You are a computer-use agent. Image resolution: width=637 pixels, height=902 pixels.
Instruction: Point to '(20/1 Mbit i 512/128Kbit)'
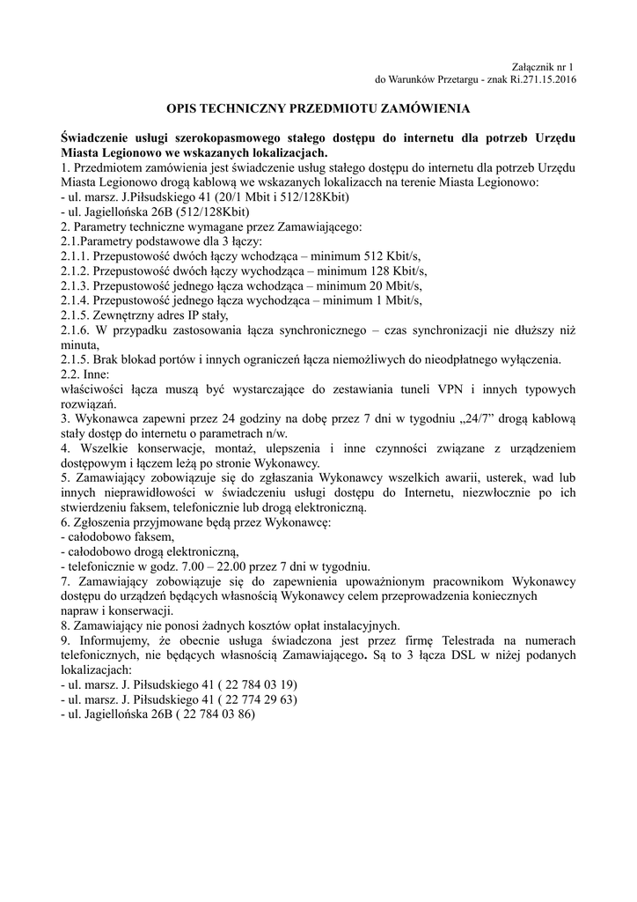tap(270, 196)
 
